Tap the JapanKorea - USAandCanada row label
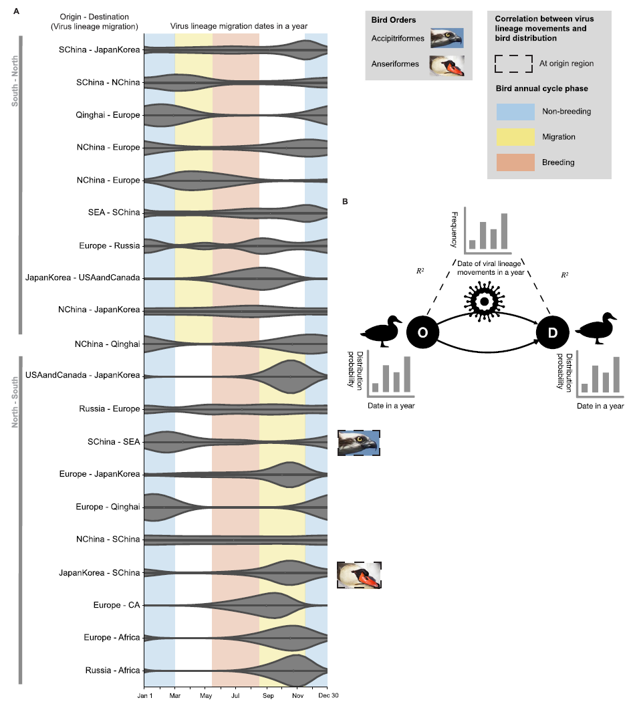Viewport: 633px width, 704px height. pyautogui.click(x=82, y=277)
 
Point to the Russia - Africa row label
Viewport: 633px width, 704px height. pyautogui.click(x=113, y=671)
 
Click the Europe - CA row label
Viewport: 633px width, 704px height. pyautogui.click(x=116, y=605)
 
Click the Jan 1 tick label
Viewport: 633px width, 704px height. pyautogui.click(x=144, y=695)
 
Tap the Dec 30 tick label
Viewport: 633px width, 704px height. pyautogui.click(x=328, y=695)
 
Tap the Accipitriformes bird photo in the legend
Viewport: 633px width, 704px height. pyautogui.click(x=447, y=39)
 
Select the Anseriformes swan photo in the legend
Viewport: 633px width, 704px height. pyautogui.click(x=447, y=65)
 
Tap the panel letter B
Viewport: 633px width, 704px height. pyautogui.click(x=345, y=201)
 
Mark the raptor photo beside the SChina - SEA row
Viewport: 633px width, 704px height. pyautogui.click(x=359, y=443)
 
